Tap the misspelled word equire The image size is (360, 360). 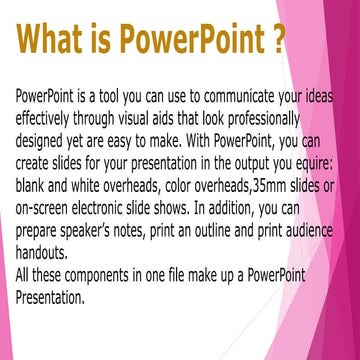point(312,163)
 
